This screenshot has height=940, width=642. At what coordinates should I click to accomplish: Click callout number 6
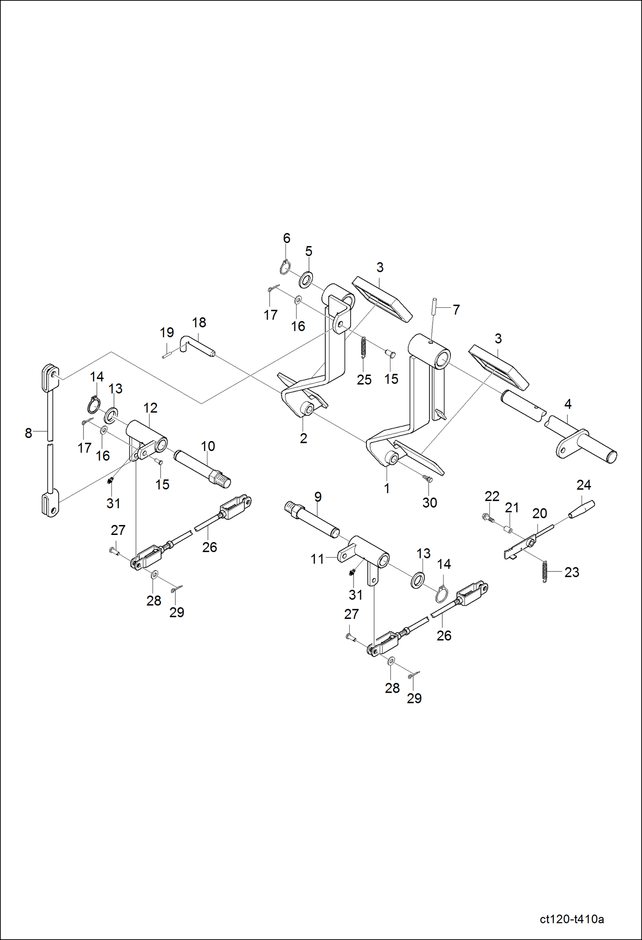(x=287, y=238)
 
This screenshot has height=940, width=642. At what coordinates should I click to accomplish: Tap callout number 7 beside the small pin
(x=456, y=309)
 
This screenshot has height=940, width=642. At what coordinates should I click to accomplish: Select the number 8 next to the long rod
(x=28, y=433)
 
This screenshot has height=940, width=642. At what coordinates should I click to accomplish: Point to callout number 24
(x=584, y=485)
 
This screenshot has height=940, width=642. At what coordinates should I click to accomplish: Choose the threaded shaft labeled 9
(x=312, y=520)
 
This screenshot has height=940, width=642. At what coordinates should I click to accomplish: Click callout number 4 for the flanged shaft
(x=568, y=404)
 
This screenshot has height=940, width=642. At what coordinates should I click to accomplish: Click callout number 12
(x=150, y=408)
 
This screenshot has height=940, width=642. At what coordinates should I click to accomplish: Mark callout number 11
(x=317, y=559)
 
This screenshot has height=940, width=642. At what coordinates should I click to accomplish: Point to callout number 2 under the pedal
(x=303, y=438)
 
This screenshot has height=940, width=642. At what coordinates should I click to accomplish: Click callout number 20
(x=540, y=513)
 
